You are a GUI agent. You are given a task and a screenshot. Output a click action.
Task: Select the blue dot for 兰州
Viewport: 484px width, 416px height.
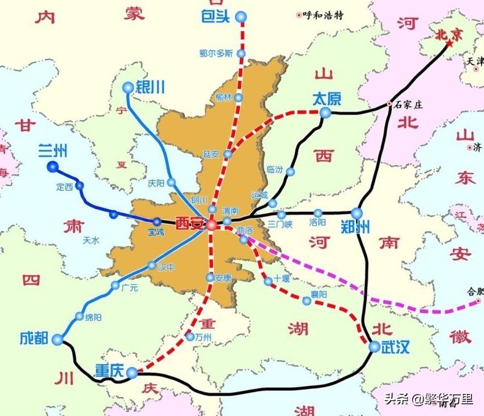51,166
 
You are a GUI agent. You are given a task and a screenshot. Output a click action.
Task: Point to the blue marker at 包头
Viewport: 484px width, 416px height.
242,17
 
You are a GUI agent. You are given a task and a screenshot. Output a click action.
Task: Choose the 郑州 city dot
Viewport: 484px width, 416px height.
357,213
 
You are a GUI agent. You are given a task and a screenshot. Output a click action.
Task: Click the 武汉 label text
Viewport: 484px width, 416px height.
395,347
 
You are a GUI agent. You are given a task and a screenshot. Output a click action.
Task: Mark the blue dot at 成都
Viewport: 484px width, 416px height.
58,340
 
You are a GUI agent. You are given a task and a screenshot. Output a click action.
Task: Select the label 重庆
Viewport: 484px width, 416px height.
110,371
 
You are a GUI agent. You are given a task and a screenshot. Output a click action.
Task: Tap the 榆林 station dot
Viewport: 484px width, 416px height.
238,97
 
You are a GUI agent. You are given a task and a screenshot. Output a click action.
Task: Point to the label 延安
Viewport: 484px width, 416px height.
211,154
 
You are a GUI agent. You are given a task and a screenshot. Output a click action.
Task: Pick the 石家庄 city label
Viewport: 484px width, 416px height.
410,105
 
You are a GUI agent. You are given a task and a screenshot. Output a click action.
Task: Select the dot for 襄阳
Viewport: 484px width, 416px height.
307,300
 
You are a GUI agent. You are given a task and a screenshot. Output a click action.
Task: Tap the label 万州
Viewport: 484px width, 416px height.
203,337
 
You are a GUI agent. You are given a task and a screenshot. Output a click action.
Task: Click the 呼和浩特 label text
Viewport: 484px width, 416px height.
323,16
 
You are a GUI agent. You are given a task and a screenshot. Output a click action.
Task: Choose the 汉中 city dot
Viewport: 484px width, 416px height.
152,266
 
